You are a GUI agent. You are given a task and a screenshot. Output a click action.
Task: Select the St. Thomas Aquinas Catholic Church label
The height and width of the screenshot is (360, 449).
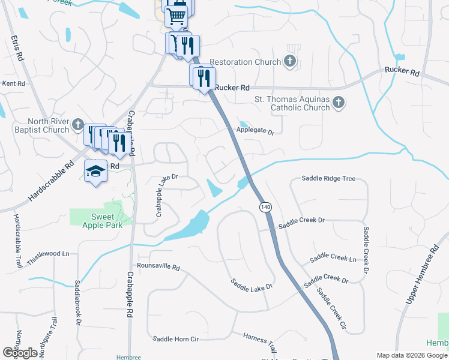(x=292, y=103)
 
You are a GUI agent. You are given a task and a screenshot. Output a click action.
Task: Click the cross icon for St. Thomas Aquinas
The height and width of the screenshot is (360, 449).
(x=338, y=103)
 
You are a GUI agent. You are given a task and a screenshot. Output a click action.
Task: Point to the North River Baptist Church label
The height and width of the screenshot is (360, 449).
(x=40, y=125)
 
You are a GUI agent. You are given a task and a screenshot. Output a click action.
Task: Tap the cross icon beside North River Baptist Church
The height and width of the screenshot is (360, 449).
(x=77, y=125)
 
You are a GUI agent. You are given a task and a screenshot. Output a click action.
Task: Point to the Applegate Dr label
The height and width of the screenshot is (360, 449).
(x=253, y=131)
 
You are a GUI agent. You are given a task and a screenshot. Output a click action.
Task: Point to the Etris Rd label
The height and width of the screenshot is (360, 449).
(x=17, y=48)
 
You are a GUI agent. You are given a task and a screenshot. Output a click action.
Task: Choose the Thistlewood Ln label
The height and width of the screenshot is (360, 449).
(x=48, y=254)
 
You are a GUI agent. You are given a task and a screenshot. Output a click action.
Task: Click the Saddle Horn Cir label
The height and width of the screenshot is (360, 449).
(x=175, y=339)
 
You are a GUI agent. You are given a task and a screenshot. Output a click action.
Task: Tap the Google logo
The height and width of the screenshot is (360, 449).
(x=20, y=353)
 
